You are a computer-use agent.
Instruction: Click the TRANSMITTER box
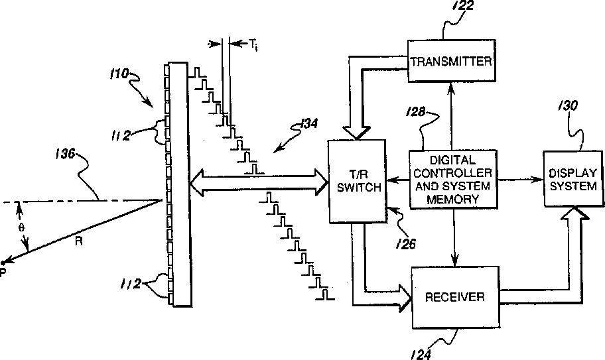click(x=451, y=62)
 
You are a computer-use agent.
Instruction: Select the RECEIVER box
click(x=454, y=296)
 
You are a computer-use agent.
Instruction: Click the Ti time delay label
click(x=253, y=45)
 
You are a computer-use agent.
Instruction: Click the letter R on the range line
click(x=79, y=243)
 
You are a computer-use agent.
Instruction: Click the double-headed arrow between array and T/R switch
click(x=259, y=180)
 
